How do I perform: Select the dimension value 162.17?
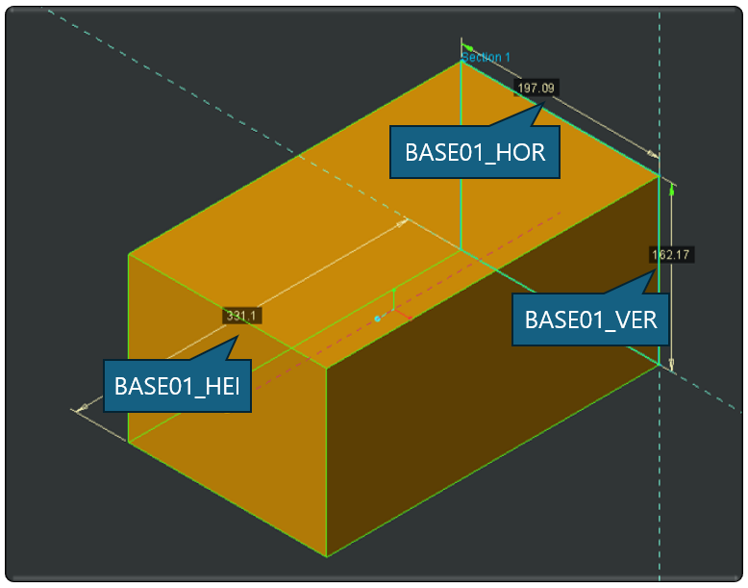(671, 255)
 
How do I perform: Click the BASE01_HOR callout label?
(475, 152)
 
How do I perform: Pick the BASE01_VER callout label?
(590, 319)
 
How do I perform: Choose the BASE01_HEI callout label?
(177, 386)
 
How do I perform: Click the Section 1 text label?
(487, 57)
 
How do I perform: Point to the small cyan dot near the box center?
(378, 318)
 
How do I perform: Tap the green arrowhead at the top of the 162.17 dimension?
(671, 191)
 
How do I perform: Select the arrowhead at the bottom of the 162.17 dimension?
(671, 364)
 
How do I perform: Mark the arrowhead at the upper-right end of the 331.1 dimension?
(402, 221)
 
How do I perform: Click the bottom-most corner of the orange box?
(327, 556)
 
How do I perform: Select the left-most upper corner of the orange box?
(129, 254)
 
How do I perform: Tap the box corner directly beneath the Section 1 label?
(461, 63)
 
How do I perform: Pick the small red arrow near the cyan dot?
(405, 316)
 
